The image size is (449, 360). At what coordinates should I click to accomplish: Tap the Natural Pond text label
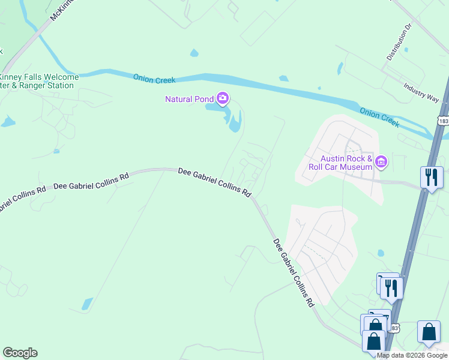pyautogui.click(x=191, y=98)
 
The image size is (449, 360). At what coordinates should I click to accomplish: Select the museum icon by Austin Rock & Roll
pyautogui.click(x=381, y=161)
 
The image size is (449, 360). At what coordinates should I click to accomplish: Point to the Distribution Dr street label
pyautogui.click(x=398, y=43)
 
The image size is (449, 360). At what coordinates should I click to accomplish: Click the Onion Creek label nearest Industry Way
pyautogui.click(x=379, y=116)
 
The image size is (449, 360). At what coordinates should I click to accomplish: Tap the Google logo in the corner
pyautogui.click(x=20, y=353)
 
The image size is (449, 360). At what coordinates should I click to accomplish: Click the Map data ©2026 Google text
pyautogui.click(x=412, y=355)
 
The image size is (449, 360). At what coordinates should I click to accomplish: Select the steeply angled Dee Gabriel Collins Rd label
pyautogui.click(x=294, y=273)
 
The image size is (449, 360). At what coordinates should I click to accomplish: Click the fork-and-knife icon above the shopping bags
pyautogui.click(x=391, y=288)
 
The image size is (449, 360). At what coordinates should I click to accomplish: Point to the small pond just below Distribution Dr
pyautogui.click(x=406, y=50)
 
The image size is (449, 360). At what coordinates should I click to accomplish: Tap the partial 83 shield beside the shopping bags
pyautogui.click(x=394, y=328)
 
